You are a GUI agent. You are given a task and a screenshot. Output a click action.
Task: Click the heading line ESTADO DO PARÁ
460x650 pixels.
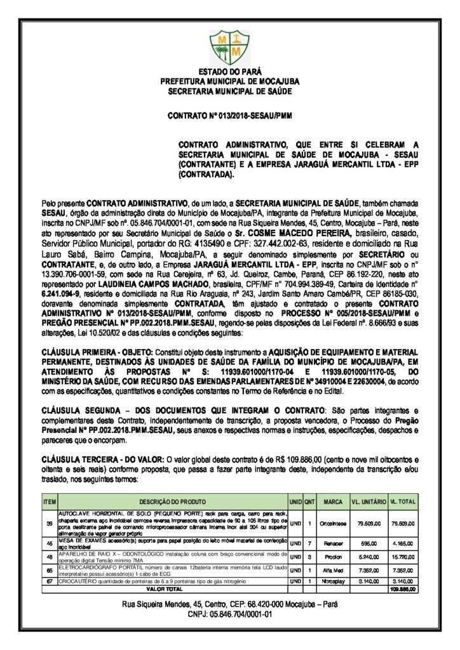coord(229,72)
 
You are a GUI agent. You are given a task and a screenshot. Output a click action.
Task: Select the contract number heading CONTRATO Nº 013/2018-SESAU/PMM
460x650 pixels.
coord(229,117)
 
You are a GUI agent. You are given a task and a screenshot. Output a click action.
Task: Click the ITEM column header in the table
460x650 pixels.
coord(50,501)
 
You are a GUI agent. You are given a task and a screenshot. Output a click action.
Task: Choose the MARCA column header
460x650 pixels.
coord(333,501)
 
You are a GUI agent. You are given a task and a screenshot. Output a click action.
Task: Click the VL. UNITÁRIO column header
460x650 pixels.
coord(369,501)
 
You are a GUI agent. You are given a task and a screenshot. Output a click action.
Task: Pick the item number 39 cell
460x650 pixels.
coord(50,523)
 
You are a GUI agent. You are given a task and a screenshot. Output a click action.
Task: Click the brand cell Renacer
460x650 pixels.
coord(333,544)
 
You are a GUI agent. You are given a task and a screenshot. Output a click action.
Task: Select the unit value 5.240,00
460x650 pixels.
coord(369,556)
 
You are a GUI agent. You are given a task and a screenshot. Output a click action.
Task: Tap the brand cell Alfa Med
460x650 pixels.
coord(333,569)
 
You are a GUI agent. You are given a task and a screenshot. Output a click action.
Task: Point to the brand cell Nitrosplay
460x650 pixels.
coord(333,581)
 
